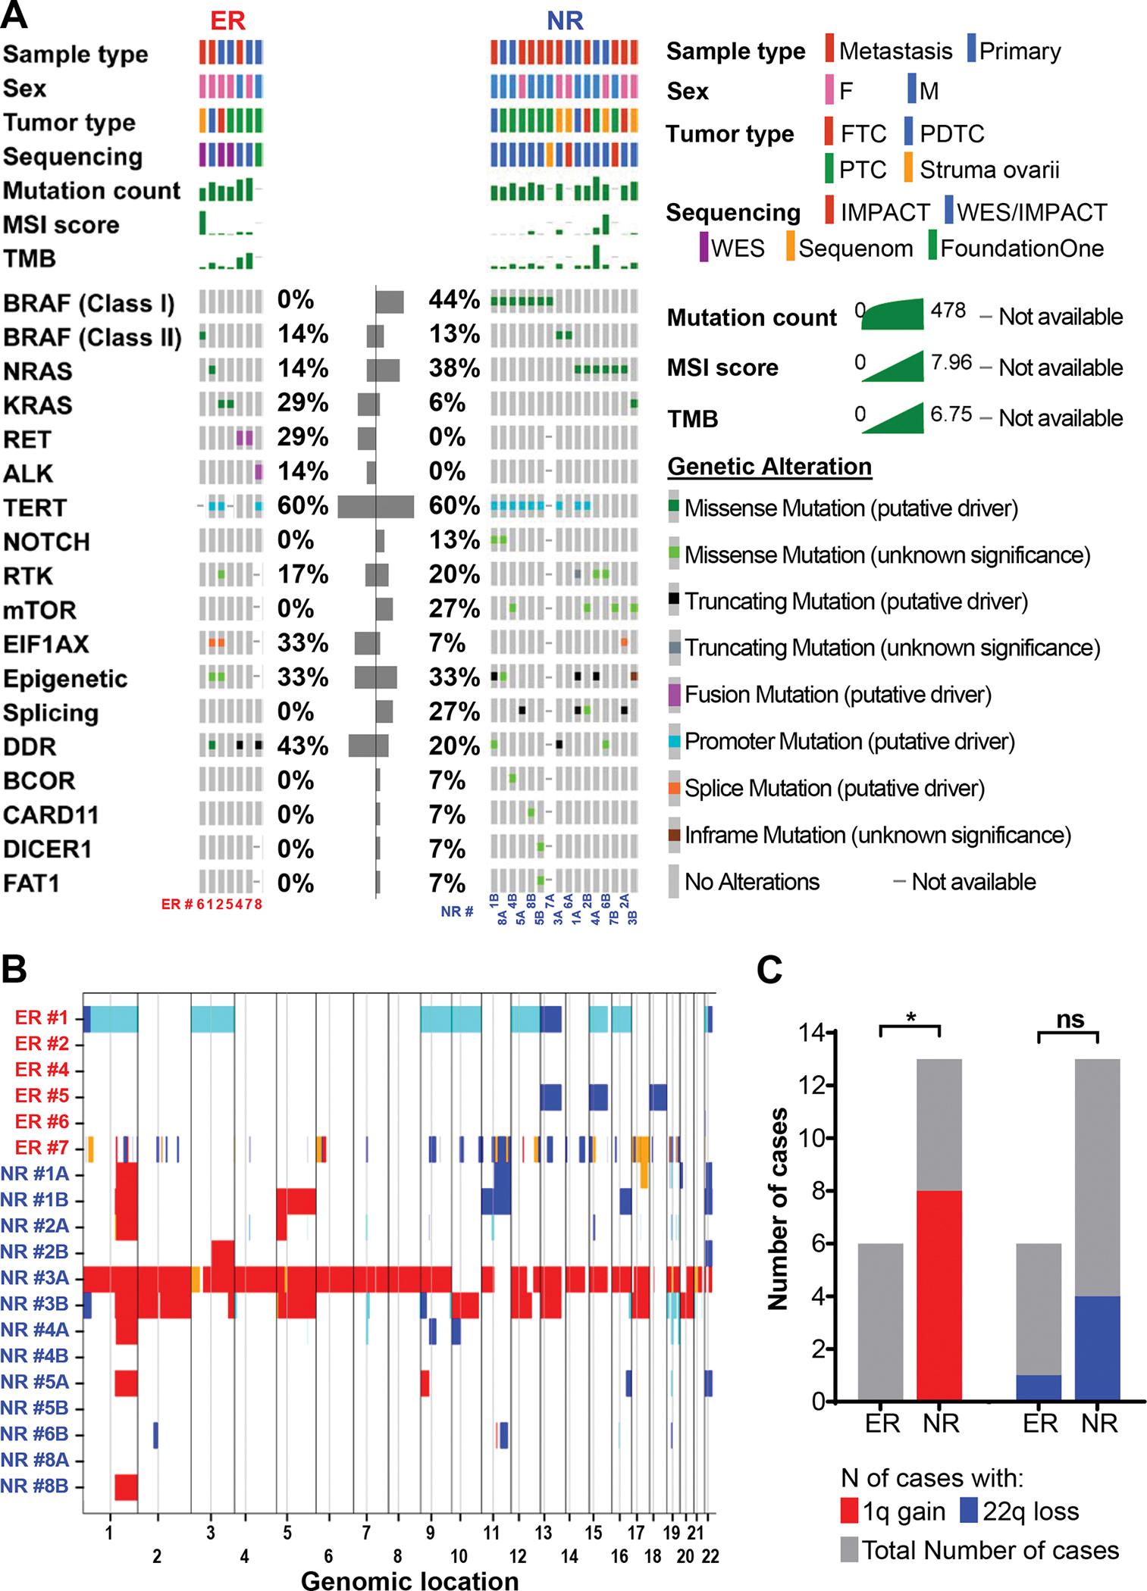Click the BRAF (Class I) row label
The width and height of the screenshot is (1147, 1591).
coord(89,303)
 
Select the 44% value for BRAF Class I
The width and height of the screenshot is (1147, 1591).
coord(453,300)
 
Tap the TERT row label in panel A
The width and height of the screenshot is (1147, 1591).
coord(35,508)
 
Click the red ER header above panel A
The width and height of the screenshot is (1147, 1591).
coord(227,20)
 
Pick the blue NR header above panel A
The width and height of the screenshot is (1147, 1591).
coord(565,20)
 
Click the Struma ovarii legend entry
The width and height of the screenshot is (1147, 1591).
coord(989,170)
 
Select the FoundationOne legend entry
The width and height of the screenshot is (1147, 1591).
coord(1020,248)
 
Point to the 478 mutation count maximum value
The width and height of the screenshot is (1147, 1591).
coord(948,311)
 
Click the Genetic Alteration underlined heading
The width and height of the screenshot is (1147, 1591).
coord(769,467)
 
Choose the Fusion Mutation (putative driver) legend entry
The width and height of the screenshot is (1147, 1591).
coord(837,695)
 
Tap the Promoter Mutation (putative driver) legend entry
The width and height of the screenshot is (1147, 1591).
coord(848,742)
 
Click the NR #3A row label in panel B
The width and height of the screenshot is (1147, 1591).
coord(35,1278)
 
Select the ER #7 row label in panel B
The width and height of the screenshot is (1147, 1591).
coord(42,1148)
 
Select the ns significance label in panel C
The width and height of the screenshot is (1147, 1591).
coord(1070,1020)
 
